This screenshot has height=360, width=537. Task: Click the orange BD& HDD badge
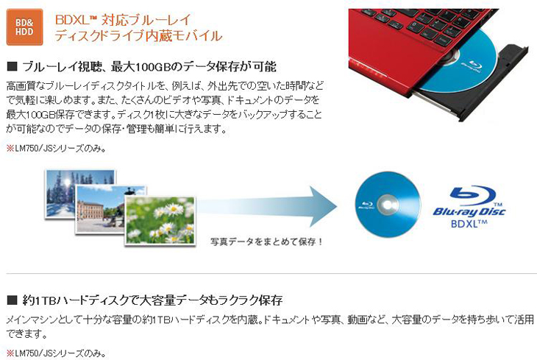click(25, 27)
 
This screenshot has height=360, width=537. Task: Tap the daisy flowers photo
click(160, 221)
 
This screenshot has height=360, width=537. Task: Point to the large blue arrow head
click(323, 206)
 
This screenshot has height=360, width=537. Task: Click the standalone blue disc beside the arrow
click(388, 205)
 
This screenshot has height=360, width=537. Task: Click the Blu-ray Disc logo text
click(469, 211)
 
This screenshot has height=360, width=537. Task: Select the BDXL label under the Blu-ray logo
click(469, 224)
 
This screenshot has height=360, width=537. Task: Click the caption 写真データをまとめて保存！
click(267, 241)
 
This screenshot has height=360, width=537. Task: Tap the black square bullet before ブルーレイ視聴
click(12, 66)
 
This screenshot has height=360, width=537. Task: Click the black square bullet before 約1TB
click(12, 300)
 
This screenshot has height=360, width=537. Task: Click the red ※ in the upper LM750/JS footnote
click(10, 149)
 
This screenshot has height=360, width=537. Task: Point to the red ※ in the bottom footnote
click(10, 353)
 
